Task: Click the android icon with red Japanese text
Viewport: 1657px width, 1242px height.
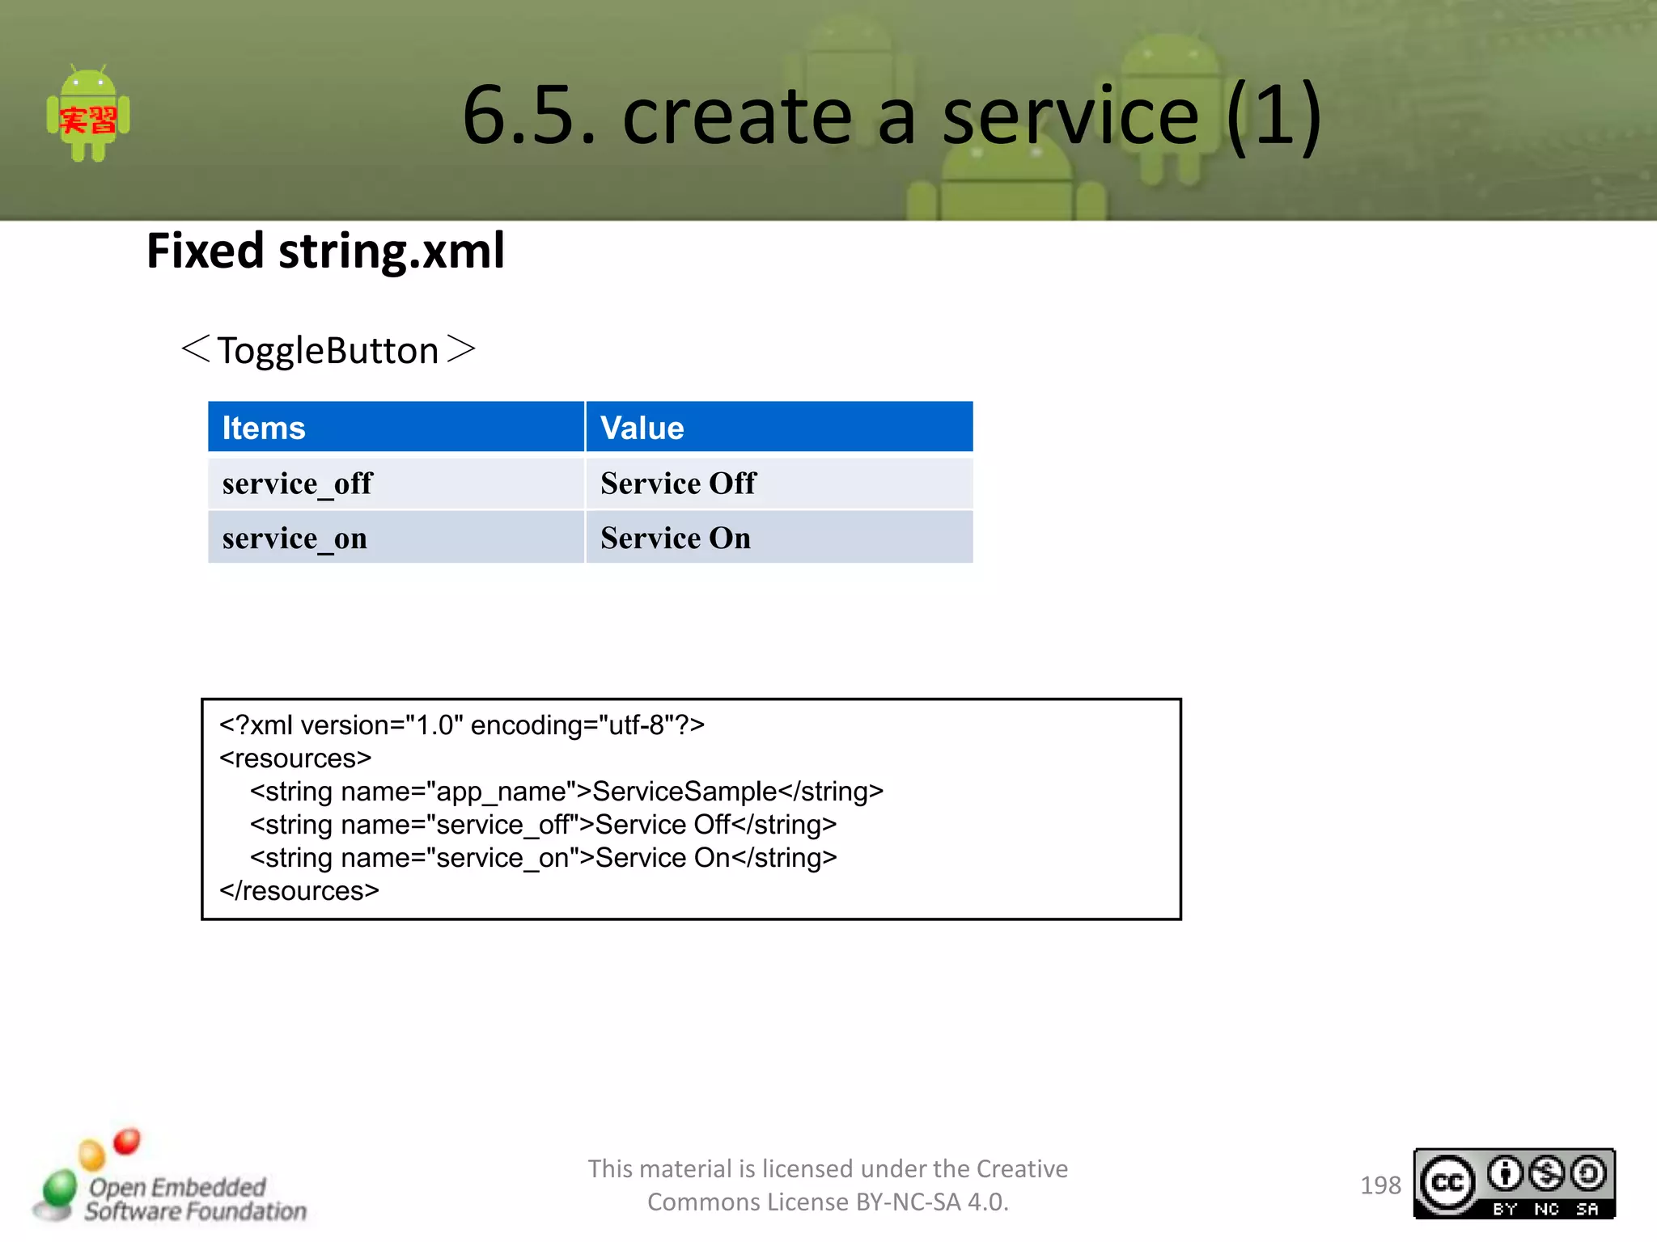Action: pos(88,115)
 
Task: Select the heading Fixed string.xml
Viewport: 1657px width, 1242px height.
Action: pos(325,251)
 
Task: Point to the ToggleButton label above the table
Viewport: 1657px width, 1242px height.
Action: pos(328,351)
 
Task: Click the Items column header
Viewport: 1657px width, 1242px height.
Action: pos(264,428)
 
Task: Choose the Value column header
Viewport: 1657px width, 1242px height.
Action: pos(642,428)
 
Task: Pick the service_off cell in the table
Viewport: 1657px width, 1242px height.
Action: pos(297,484)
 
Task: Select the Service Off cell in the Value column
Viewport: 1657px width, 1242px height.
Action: pos(678,484)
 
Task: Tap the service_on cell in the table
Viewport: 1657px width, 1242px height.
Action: pos(295,539)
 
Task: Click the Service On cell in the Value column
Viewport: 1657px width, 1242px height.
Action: pos(676,539)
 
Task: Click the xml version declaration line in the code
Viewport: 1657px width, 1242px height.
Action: pos(461,725)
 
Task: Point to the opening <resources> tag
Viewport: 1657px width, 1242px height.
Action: pos(295,758)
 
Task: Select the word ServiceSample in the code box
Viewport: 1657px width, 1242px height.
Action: pos(684,792)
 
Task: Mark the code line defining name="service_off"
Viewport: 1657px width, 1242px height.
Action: pos(543,825)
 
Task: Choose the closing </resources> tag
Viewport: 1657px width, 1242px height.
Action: pos(299,891)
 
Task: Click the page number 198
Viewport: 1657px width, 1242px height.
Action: pos(1380,1185)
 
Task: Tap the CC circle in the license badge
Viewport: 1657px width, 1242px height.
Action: pos(1447,1183)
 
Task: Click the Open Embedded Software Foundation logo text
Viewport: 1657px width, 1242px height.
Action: pos(194,1199)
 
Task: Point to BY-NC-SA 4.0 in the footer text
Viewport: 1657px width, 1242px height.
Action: pos(930,1202)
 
